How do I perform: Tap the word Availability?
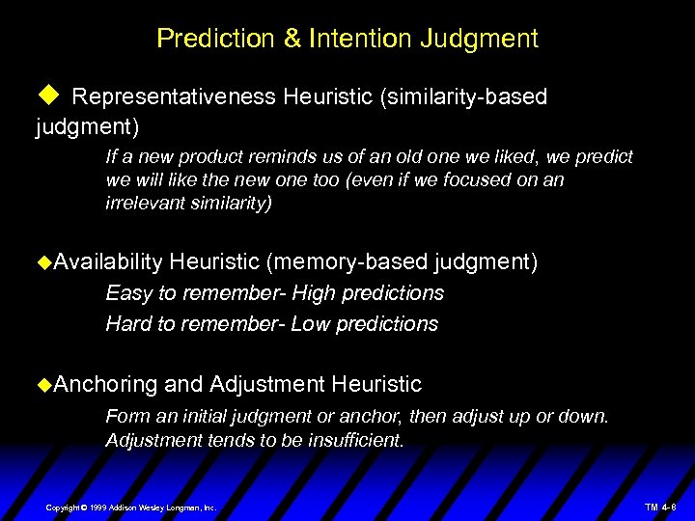(x=108, y=261)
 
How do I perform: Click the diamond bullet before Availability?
(x=42, y=262)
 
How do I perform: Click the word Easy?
(x=127, y=292)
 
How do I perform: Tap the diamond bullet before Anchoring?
(x=42, y=385)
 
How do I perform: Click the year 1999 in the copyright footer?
(x=97, y=507)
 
